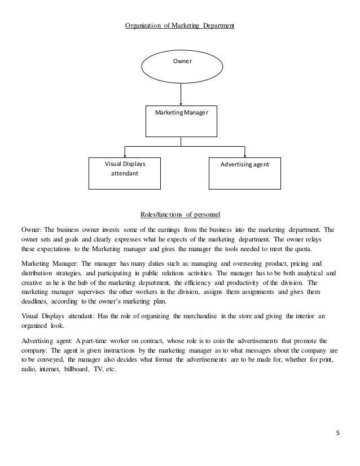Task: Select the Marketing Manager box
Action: click(x=181, y=121)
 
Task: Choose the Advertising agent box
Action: click(x=245, y=173)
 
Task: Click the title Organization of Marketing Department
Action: click(x=179, y=25)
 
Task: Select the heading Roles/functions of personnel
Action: click(x=179, y=215)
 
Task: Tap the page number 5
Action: click(x=337, y=433)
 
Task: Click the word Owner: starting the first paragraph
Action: click(x=30, y=230)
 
